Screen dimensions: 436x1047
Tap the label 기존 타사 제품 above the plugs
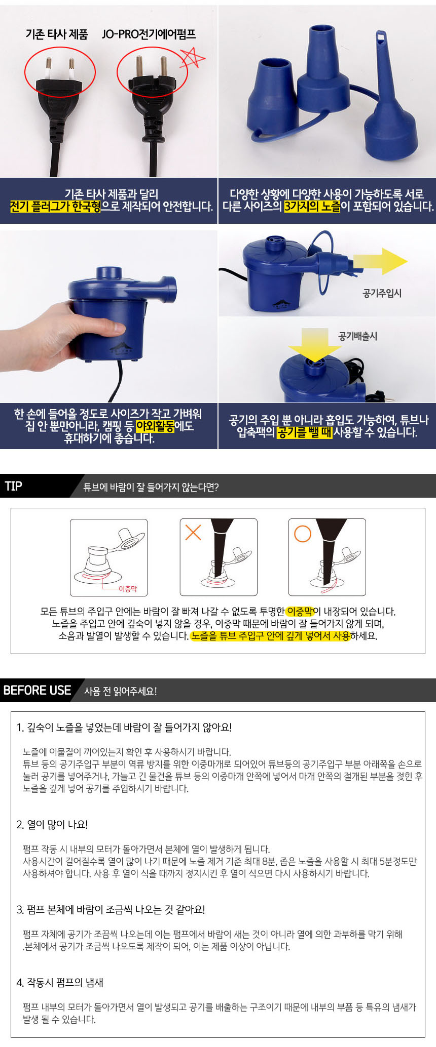click(x=57, y=34)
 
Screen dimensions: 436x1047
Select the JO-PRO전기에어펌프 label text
click(x=149, y=34)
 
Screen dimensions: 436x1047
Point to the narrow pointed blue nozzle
click(x=390, y=101)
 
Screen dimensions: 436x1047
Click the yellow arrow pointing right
click(x=380, y=262)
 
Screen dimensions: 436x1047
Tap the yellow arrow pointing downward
click(x=314, y=345)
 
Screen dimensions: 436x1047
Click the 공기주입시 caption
click(x=382, y=293)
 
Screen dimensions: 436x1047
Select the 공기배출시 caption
click(x=358, y=336)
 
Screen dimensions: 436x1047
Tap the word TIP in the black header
click(x=14, y=486)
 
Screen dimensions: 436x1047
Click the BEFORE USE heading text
click(x=37, y=691)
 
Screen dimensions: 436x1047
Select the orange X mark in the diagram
click(x=193, y=532)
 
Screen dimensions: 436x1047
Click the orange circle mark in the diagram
click(x=303, y=534)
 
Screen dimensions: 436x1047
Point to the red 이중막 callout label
click(x=128, y=589)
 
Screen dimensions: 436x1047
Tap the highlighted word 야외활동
click(x=155, y=426)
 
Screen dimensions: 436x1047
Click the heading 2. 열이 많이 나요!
click(x=52, y=825)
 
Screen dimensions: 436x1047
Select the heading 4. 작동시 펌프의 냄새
click(x=60, y=983)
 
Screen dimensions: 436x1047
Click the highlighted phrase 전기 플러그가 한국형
click(x=55, y=207)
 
